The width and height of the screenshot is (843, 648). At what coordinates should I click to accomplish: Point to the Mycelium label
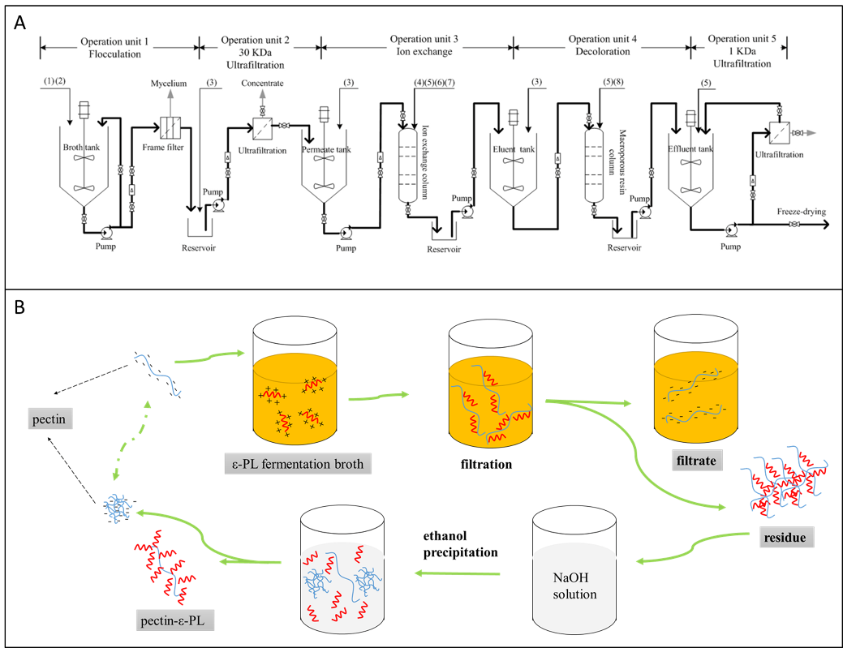(x=168, y=84)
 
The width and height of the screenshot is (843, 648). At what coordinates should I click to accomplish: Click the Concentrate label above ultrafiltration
(x=262, y=84)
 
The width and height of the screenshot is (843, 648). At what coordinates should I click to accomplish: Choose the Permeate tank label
(x=325, y=150)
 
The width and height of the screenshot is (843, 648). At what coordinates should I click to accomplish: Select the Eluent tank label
(x=513, y=149)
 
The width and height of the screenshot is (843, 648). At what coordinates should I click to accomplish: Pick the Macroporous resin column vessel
(x=596, y=167)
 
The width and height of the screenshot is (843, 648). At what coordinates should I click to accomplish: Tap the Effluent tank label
(x=690, y=149)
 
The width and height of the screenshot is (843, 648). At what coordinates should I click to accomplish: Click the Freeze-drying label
(x=801, y=212)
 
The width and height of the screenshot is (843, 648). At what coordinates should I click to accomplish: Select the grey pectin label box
(x=49, y=420)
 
